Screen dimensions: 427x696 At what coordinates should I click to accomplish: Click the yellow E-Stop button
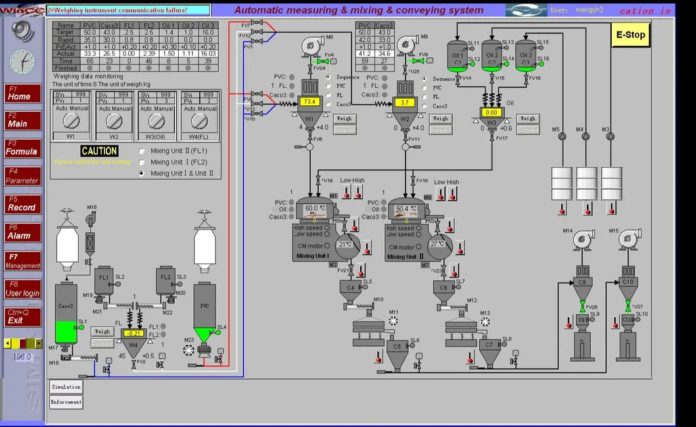(630, 35)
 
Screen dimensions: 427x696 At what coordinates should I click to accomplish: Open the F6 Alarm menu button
(23, 232)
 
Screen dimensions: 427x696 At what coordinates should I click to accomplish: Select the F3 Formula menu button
(23, 148)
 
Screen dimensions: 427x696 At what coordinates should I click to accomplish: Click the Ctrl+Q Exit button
(23, 316)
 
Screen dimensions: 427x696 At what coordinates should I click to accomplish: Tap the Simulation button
(66, 387)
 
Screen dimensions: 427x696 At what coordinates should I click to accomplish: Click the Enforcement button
(66, 402)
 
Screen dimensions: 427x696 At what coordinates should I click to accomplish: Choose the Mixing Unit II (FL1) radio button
(141, 151)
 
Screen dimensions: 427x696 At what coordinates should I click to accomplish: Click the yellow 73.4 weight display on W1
(310, 102)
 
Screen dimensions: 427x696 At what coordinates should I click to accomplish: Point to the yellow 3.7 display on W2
(404, 103)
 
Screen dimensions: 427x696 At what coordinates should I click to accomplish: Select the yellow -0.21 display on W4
(133, 334)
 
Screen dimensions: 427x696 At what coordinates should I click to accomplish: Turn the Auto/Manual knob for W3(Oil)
(156, 121)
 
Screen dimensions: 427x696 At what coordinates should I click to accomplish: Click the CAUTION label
(99, 151)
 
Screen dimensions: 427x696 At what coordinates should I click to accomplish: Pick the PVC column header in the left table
(89, 25)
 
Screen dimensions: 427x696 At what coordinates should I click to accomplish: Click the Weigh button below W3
(527, 119)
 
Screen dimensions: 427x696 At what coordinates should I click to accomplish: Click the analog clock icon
(22, 62)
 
